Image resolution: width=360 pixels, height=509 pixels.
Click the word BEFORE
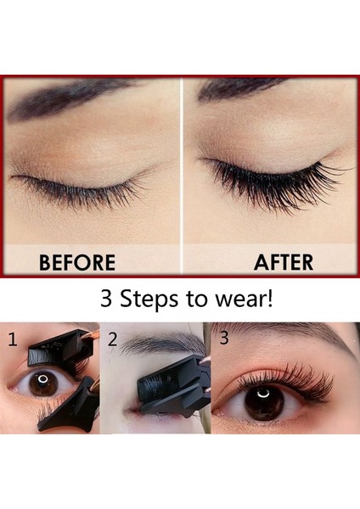77,262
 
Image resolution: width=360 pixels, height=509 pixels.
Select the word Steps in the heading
149,302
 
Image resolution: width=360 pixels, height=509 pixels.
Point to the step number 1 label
12,339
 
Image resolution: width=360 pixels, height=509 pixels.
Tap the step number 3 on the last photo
224,338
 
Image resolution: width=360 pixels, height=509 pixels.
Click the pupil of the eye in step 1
43,383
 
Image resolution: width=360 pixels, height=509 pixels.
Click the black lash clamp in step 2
170,386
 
